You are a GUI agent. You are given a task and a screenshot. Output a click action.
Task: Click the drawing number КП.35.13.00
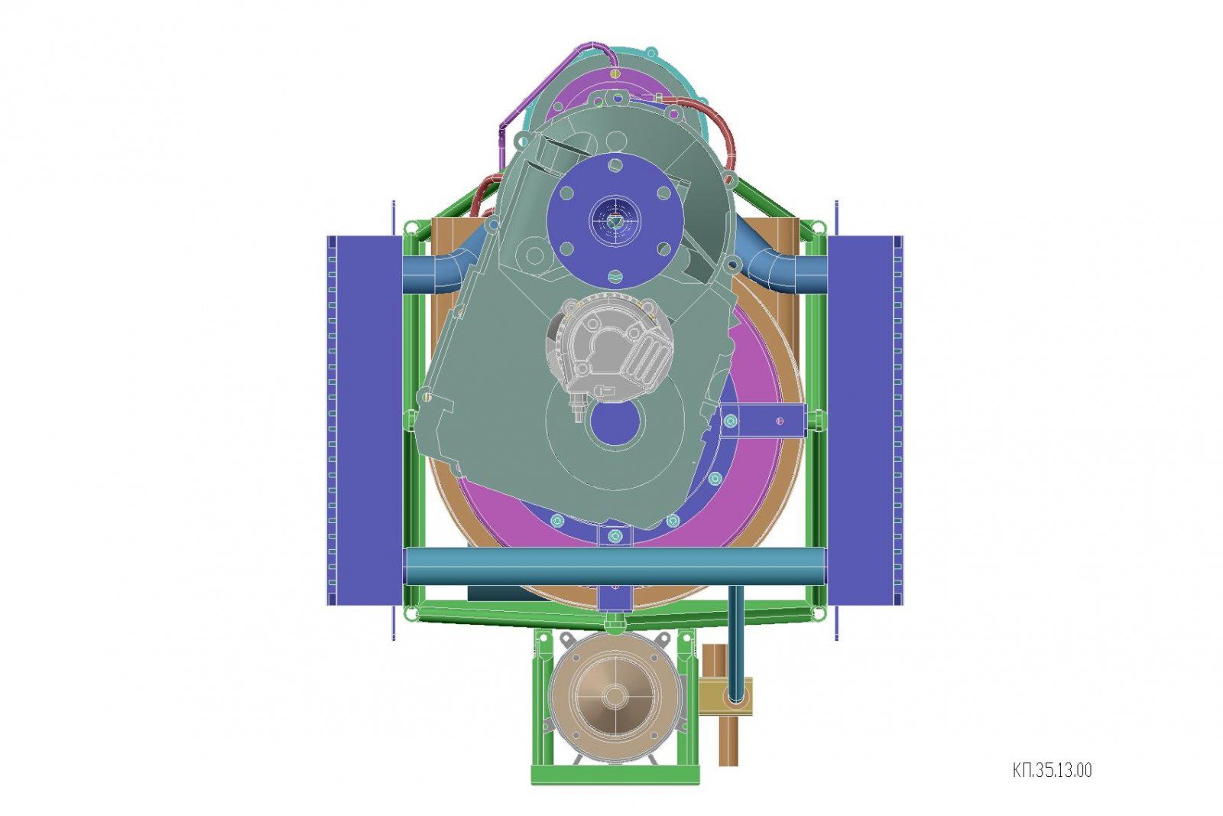1052,770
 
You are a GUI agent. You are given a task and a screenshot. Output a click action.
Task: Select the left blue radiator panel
364,421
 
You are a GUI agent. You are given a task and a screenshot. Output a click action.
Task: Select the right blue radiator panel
865,421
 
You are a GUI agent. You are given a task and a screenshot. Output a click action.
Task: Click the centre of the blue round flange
615,221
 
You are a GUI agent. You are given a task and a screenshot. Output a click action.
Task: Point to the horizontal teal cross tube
615,567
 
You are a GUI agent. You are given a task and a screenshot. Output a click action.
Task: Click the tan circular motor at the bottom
615,696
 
